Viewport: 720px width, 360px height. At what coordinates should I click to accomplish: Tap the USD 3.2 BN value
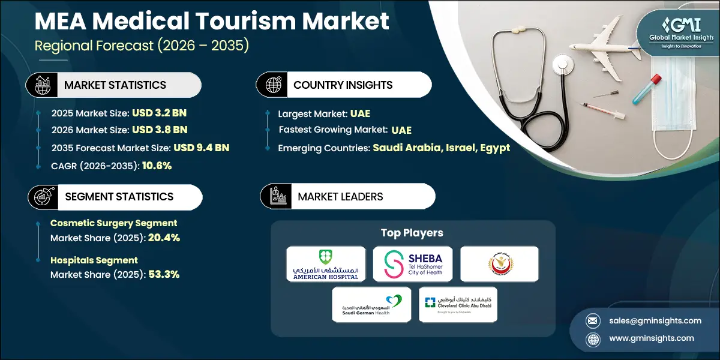(161, 113)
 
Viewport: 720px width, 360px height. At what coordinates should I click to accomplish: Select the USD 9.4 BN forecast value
(202, 148)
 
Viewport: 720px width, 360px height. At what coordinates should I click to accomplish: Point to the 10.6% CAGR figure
(157, 165)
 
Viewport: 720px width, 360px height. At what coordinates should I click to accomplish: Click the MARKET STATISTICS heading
(115, 85)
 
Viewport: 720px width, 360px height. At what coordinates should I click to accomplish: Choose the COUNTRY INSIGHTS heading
(343, 85)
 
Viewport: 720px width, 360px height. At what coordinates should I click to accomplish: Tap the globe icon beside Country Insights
(272, 85)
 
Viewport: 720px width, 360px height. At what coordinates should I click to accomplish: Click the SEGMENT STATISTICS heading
(119, 196)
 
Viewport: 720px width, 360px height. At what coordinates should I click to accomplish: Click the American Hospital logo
(326, 263)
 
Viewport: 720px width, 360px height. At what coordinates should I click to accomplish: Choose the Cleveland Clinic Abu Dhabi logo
(458, 304)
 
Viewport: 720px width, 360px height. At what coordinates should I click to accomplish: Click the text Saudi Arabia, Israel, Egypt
(442, 148)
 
